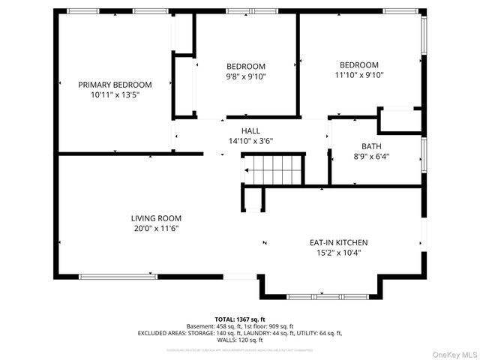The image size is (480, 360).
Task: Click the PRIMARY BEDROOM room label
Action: [x=115, y=85]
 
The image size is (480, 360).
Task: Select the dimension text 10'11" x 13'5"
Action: [x=115, y=95]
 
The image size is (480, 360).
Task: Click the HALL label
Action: [x=250, y=130]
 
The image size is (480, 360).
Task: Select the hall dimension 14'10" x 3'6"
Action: [x=250, y=141]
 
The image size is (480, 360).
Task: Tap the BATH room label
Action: [x=370, y=146]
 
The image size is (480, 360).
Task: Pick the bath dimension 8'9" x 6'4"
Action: [x=370, y=157]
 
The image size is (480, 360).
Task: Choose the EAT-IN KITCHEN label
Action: [x=338, y=242]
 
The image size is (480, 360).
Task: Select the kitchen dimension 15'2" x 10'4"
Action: [x=338, y=253]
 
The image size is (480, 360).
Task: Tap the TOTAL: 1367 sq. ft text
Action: [x=240, y=319]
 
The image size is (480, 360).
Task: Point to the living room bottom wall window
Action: [x=118, y=277]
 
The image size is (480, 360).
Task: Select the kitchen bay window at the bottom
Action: [x=319, y=297]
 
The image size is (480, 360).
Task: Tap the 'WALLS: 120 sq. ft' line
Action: [x=240, y=340]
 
